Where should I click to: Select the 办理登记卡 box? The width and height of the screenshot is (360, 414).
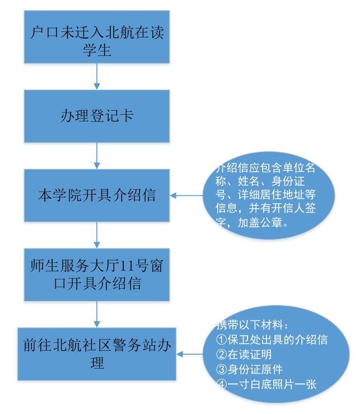97,116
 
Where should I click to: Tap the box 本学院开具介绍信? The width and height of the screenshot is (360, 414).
97,196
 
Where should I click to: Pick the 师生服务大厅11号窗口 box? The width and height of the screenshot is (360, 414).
97,274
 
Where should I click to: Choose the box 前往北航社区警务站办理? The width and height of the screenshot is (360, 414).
97,353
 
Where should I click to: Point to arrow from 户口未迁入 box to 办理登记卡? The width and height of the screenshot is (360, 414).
97,76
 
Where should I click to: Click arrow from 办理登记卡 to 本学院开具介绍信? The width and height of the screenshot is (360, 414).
97,155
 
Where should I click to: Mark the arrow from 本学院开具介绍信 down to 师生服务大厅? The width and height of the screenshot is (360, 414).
97,234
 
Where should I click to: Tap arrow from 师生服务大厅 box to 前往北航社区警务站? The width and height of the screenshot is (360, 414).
97,314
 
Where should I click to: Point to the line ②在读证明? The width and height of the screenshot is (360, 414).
241,354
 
